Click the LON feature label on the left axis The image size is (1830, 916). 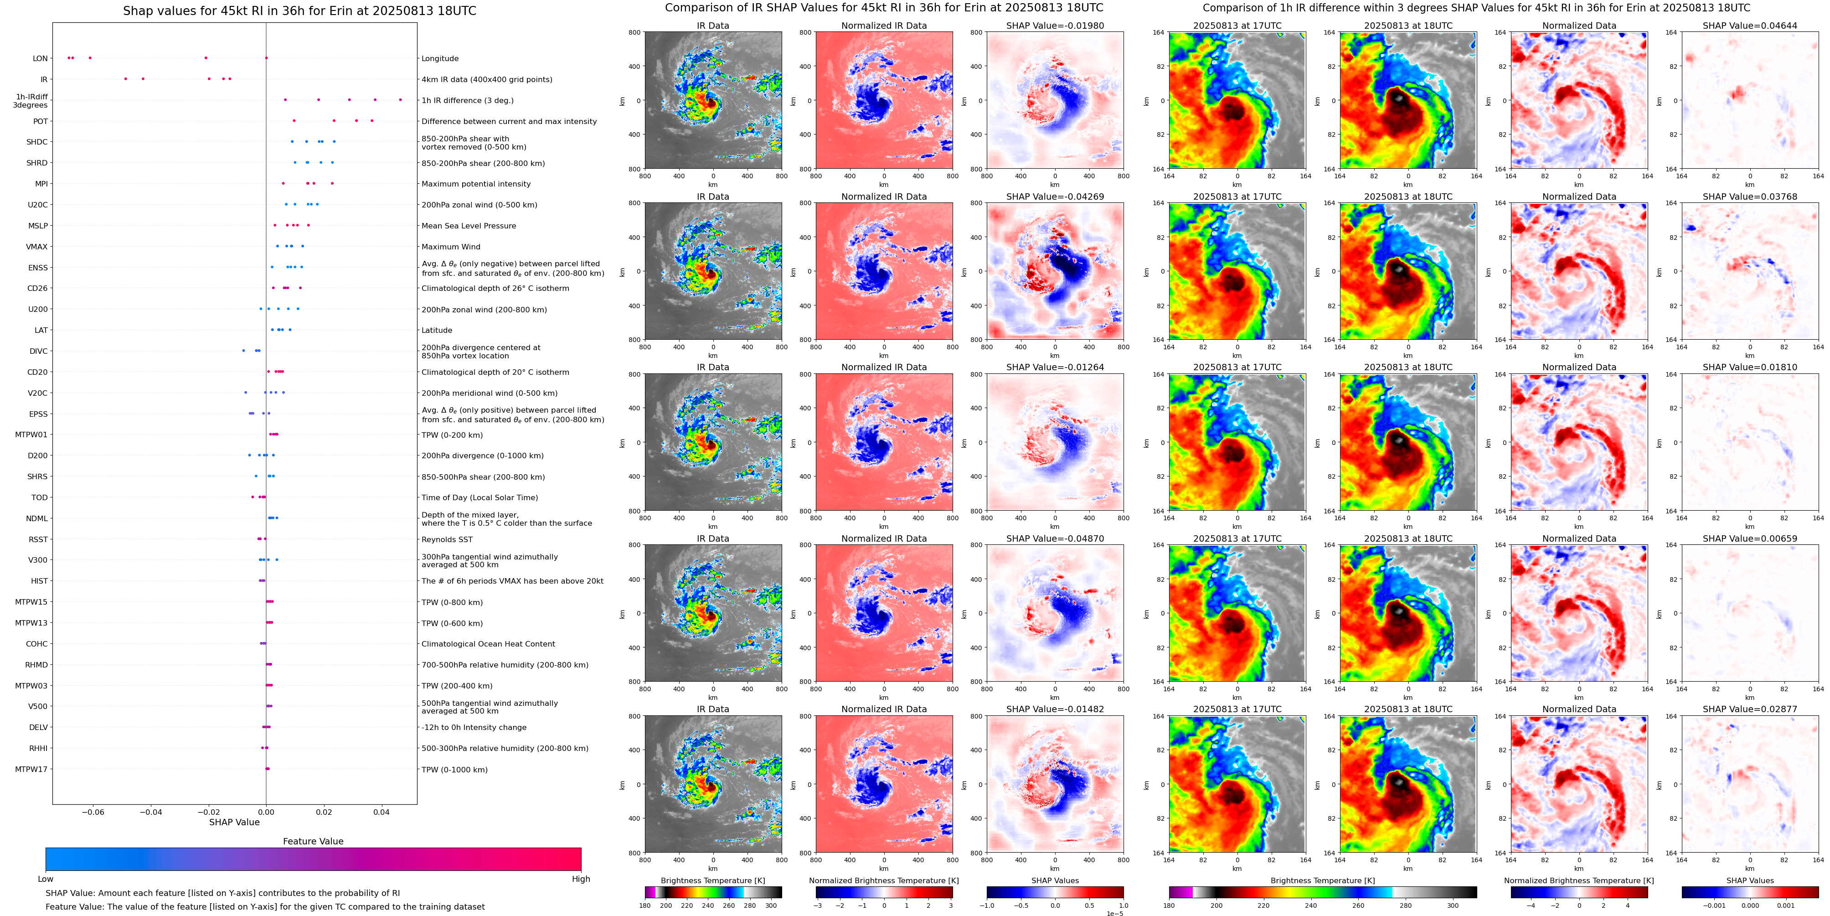(x=41, y=58)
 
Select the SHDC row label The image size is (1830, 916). (x=37, y=142)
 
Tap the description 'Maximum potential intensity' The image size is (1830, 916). (x=476, y=184)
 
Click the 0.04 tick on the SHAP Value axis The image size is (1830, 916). (x=381, y=812)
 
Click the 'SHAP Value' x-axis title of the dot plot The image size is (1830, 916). (x=234, y=822)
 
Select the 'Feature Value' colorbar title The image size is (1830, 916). (x=313, y=841)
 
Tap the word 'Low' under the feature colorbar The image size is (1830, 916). (x=46, y=879)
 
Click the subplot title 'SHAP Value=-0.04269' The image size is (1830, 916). (x=1055, y=197)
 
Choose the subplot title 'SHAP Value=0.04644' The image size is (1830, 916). (x=1750, y=26)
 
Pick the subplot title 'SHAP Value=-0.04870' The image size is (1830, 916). (x=1055, y=538)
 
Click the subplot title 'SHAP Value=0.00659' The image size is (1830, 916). (x=1750, y=538)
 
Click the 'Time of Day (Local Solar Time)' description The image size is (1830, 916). (x=479, y=497)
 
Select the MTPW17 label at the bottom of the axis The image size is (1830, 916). (x=31, y=769)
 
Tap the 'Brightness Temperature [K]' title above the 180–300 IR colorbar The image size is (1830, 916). (x=712, y=880)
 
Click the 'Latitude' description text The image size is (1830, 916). (x=437, y=331)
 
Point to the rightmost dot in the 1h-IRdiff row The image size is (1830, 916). (x=401, y=100)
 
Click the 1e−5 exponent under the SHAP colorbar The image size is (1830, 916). (x=1114, y=913)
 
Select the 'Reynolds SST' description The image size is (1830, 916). (x=447, y=539)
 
